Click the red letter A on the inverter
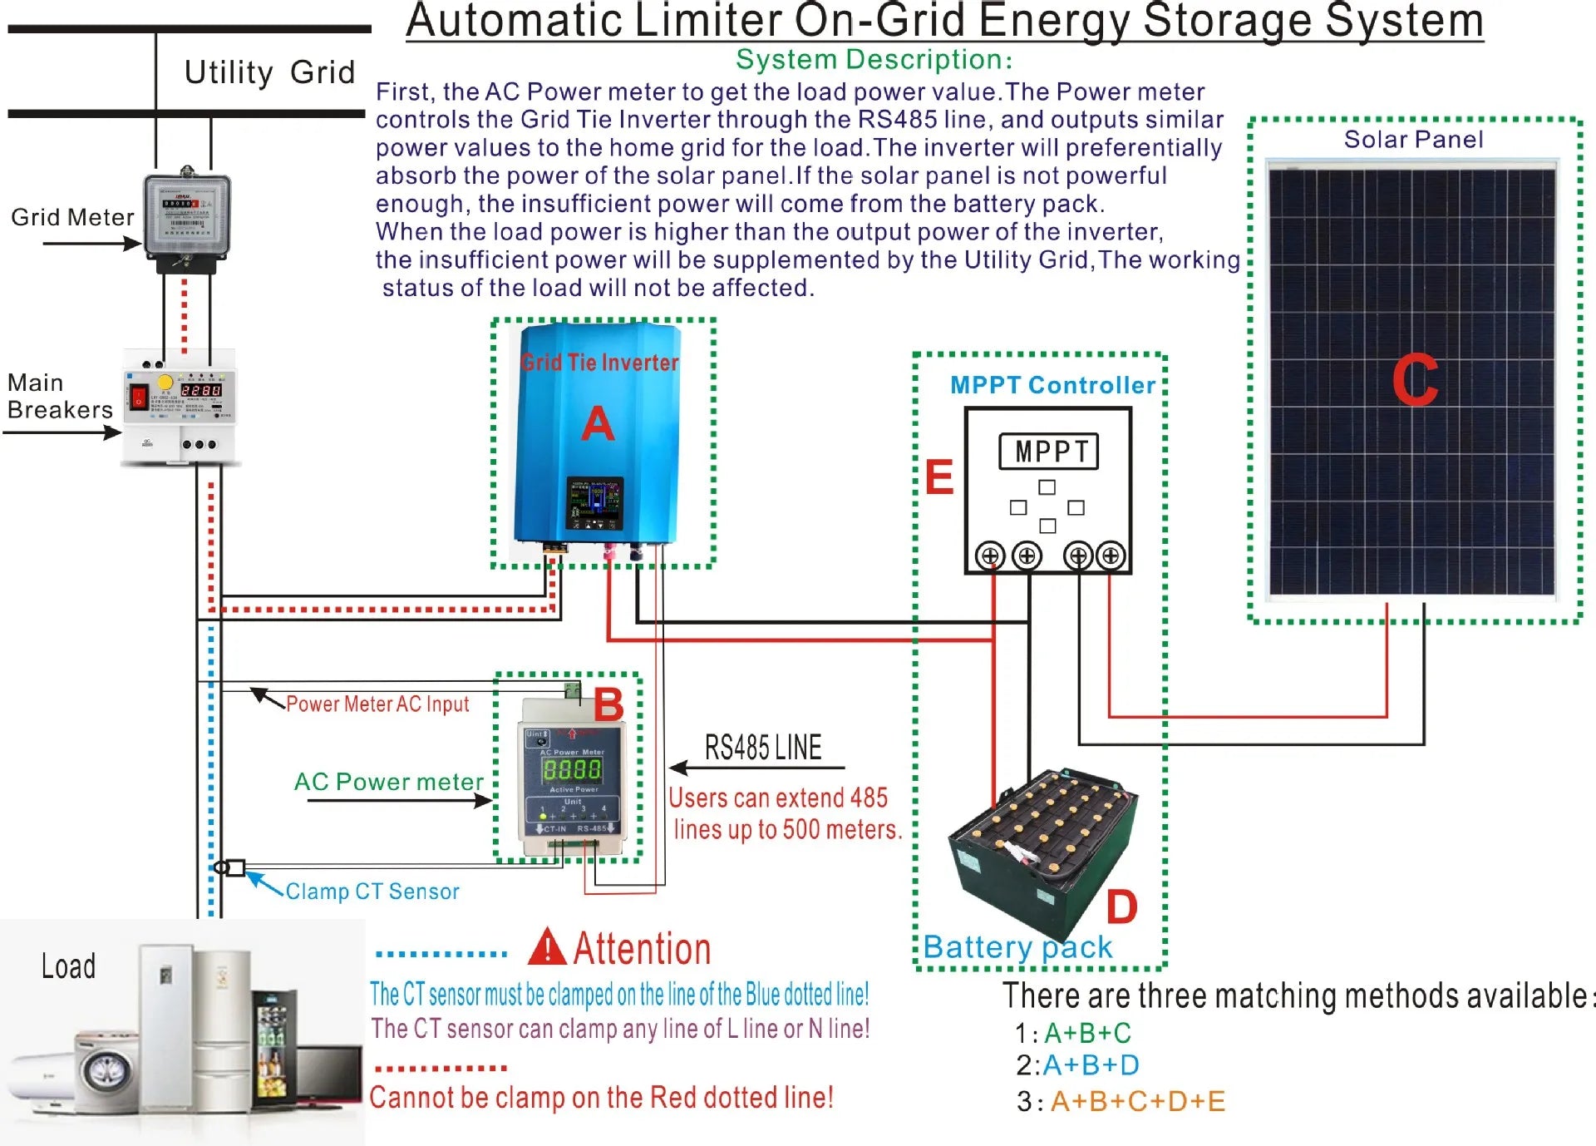tap(598, 424)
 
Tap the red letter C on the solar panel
tap(1415, 380)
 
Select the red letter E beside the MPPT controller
tap(939, 477)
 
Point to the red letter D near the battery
tap(1121, 906)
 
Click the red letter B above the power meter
tap(608, 705)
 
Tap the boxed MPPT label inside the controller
tap(1048, 452)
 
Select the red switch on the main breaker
tap(139, 396)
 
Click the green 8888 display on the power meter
tap(572, 770)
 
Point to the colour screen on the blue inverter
tap(594, 502)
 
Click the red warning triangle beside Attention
tap(547, 947)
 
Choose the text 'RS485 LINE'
tap(763, 748)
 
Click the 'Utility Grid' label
tap(269, 72)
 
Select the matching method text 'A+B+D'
tap(1091, 1065)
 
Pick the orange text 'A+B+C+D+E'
tap(1138, 1101)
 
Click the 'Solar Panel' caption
tap(1413, 140)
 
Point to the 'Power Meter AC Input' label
tap(377, 704)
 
